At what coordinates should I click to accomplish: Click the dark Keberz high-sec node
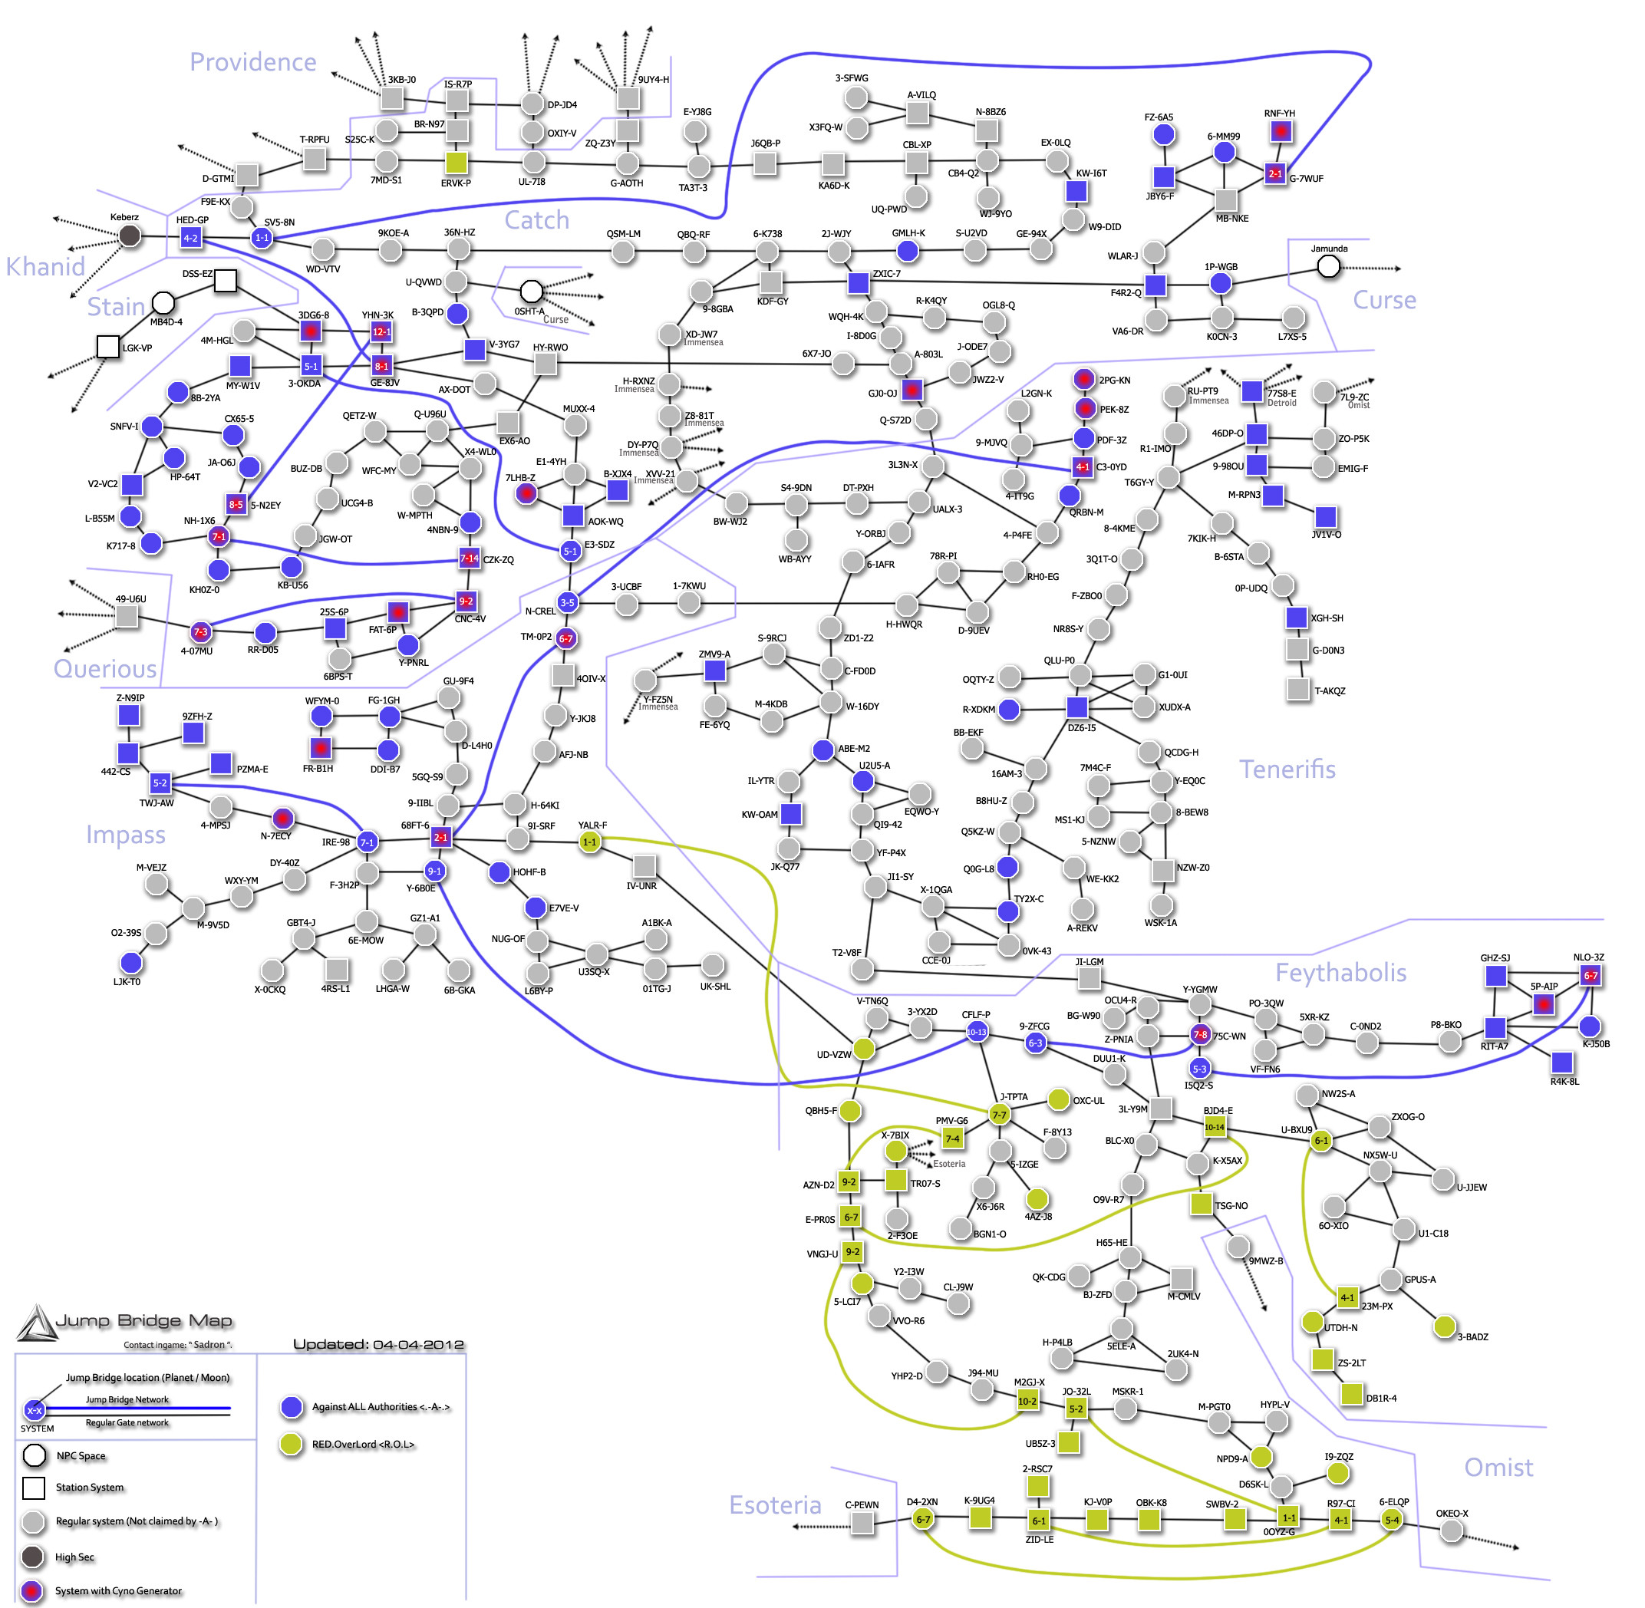tap(129, 236)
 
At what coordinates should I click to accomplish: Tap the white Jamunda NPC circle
tap(1328, 267)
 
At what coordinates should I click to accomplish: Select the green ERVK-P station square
tap(456, 162)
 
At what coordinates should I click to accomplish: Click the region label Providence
tap(252, 62)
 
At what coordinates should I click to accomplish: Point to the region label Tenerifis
tap(1287, 769)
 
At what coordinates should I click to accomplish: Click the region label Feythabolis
tap(1340, 973)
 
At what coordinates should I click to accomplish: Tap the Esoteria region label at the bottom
tap(774, 1505)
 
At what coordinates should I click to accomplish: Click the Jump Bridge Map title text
tap(143, 1321)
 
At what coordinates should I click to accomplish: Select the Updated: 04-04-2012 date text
tap(378, 1345)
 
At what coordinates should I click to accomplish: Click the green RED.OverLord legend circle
tap(292, 1444)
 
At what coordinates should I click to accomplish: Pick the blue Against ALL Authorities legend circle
tap(292, 1407)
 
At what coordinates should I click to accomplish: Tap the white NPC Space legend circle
tap(35, 1456)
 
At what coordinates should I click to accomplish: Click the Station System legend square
tap(35, 1488)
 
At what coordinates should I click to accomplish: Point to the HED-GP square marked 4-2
tap(191, 238)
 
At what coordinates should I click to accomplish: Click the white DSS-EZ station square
tap(226, 280)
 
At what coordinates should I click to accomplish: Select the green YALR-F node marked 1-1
tap(589, 842)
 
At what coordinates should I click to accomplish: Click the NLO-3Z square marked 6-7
tap(1590, 975)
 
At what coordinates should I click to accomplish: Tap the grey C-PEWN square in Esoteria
tap(862, 1523)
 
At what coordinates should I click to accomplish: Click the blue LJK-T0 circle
tap(131, 963)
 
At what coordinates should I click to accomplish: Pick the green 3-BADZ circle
tap(1444, 1326)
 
